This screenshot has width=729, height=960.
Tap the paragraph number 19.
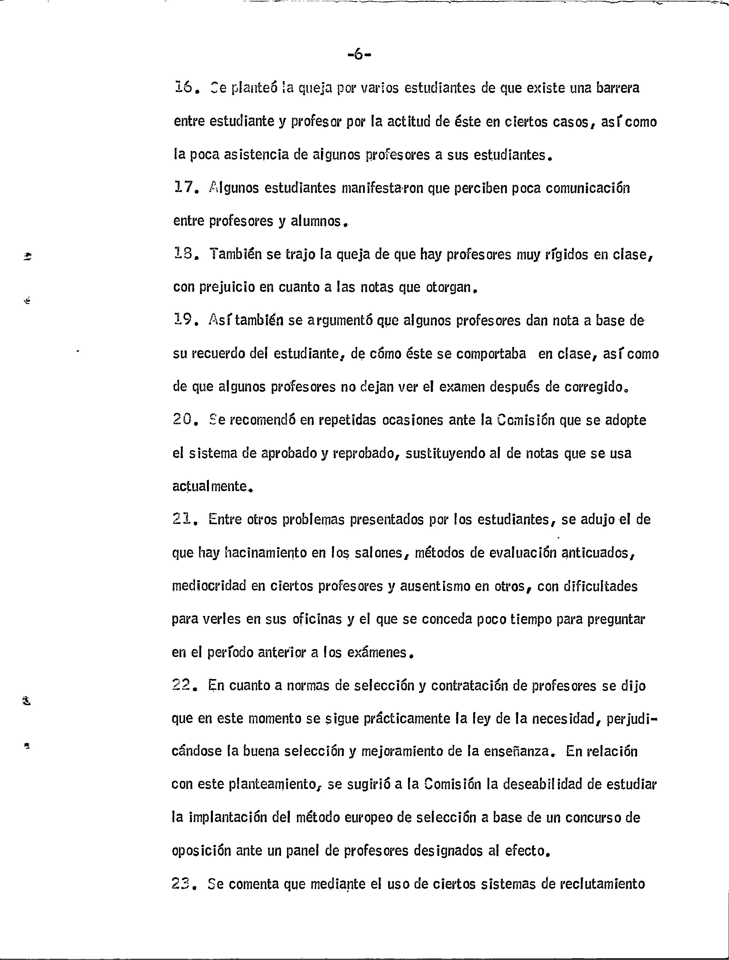(182, 320)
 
